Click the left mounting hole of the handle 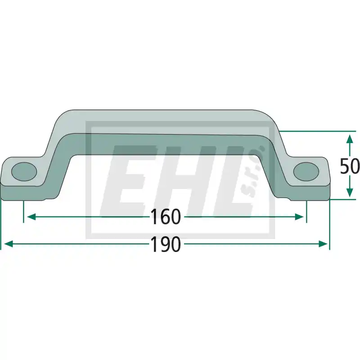point(24,171)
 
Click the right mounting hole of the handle point(306,171)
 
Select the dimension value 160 point(166,217)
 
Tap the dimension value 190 point(166,244)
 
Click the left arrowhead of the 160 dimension point(31,217)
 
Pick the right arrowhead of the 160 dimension point(299,217)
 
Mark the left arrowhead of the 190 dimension point(9,244)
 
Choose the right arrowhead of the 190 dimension point(323,244)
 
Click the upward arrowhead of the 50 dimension point(349,139)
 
